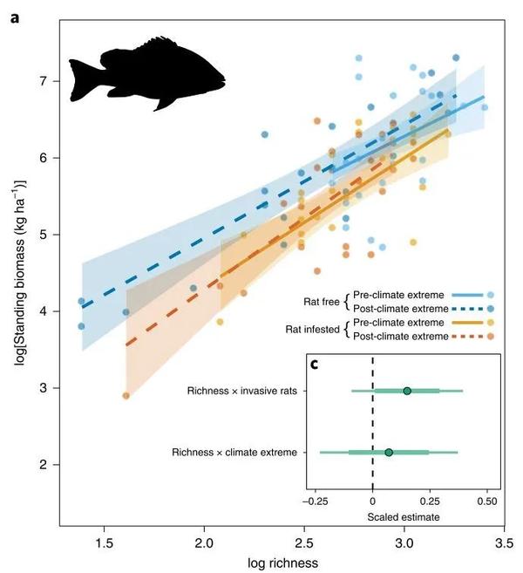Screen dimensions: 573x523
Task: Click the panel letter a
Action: click(x=15, y=15)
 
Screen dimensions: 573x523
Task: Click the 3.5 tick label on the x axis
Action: click(x=503, y=541)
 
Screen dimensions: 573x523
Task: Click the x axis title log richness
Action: click(x=279, y=562)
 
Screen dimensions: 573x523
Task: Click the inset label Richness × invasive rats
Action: click(x=248, y=391)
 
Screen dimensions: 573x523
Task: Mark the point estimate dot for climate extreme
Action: click(x=389, y=452)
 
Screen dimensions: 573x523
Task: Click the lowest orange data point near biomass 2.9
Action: click(x=126, y=396)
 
